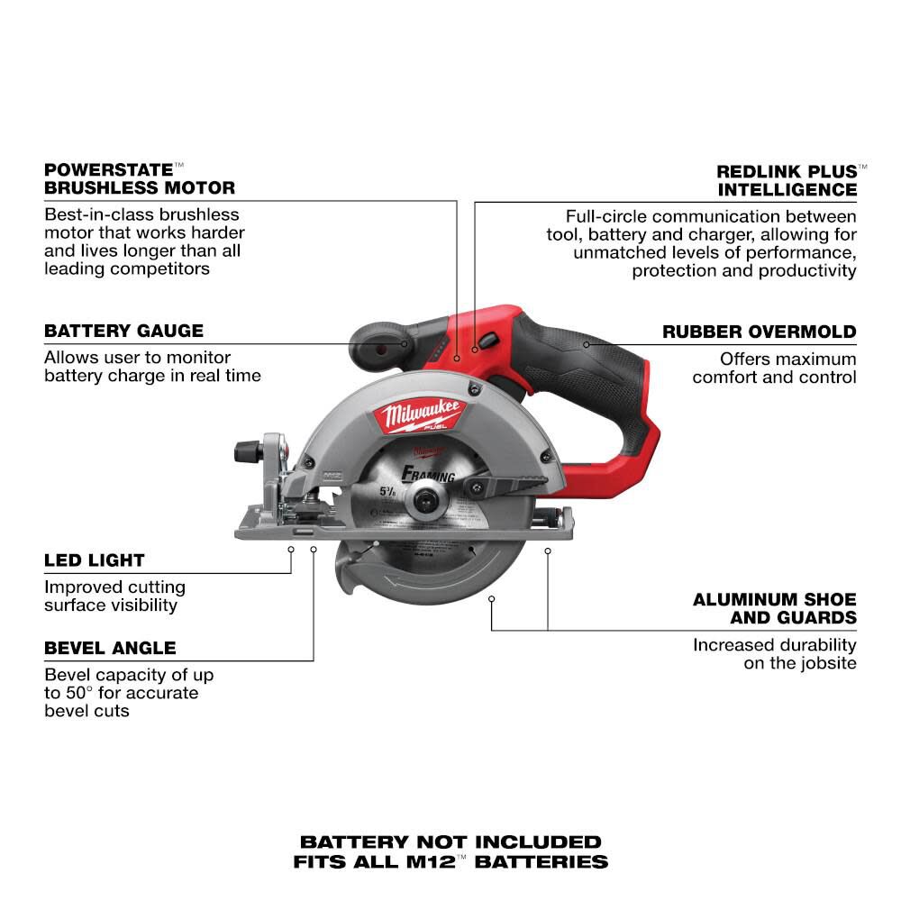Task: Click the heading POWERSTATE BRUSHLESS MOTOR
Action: (140, 178)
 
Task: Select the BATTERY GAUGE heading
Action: (123, 331)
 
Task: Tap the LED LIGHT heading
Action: (95, 560)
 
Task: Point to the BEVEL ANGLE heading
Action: (110, 648)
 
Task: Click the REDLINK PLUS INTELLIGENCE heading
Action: (787, 180)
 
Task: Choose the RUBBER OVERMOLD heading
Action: (760, 332)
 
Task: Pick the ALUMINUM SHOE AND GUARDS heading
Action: (775, 608)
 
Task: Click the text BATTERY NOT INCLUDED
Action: (450, 842)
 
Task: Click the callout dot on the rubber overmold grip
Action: (586, 343)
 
